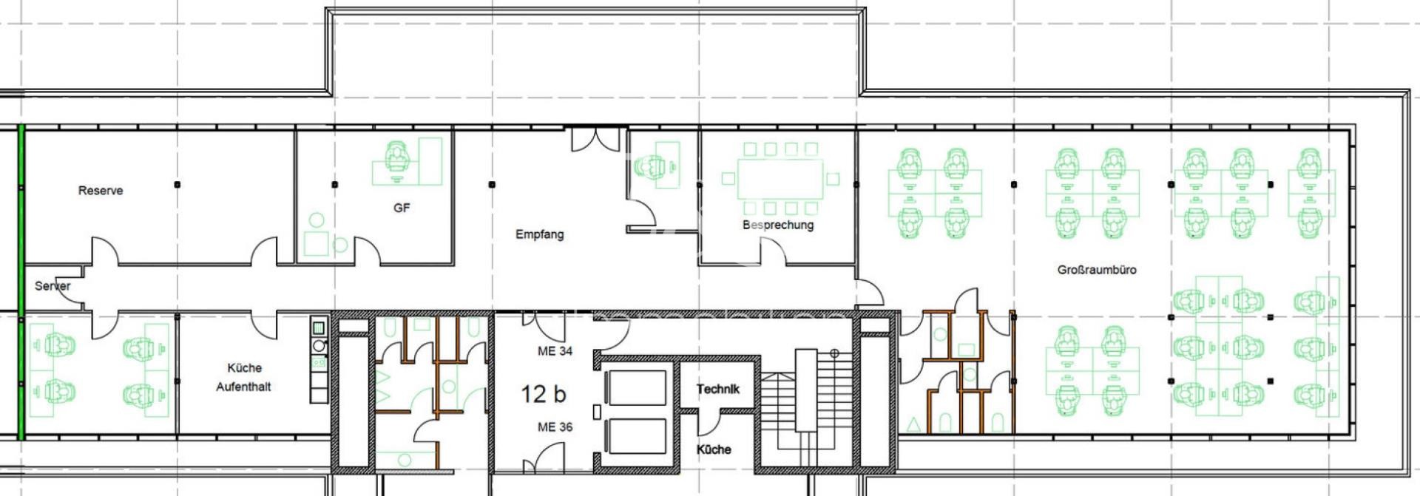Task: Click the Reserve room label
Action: click(101, 191)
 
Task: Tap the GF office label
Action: click(402, 208)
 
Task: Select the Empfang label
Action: click(539, 234)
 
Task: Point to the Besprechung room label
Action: click(778, 225)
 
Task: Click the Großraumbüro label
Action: click(1096, 270)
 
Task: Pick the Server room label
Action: click(53, 286)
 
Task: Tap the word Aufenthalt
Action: click(243, 387)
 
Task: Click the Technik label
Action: click(717, 389)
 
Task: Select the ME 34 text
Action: click(555, 351)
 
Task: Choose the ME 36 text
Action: click(555, 427)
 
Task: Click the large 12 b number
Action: click(543, 394)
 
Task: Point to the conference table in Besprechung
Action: click(780, 179)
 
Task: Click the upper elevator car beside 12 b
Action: click(635, 387)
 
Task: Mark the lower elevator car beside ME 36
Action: click(635, 437)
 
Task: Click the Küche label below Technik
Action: click(714, 449)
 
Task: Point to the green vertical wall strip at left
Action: click(21, 281)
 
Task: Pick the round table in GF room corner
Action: click(316, 220)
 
